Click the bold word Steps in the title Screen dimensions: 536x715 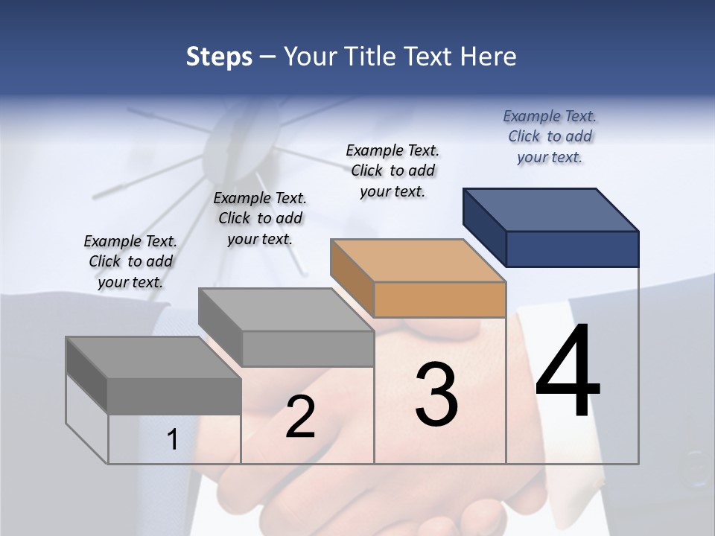pos(219,57)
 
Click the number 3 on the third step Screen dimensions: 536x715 pos(436,395)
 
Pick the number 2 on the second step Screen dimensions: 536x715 pos(300,417)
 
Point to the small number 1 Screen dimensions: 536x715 pos(172,439)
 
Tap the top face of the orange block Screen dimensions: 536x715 pos(418,260)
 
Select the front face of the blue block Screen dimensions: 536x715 pos(572,249)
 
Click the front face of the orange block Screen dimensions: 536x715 pos(439,299)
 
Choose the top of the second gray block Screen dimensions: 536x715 pos(285,309)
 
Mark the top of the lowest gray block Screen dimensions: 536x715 pos(153,357)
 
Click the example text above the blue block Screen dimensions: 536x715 pos(550,136)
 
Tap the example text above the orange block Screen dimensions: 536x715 pos(393,170)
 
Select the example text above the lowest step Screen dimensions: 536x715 pos(130,261)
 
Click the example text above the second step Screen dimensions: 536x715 pos(260,218)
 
